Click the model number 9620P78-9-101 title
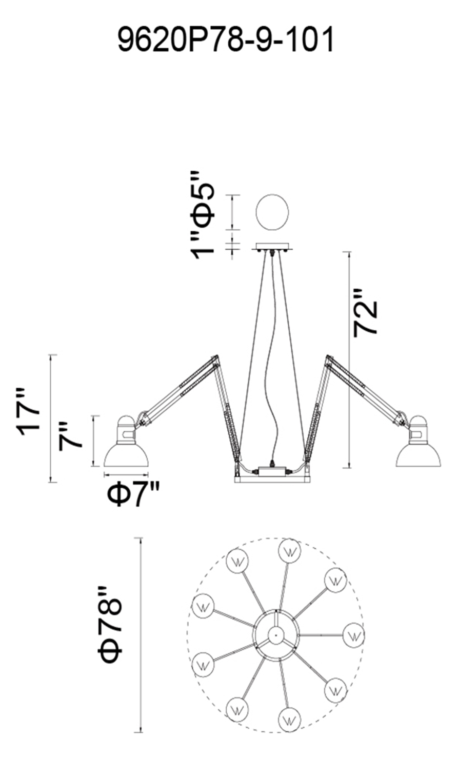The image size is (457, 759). tap(226, 39)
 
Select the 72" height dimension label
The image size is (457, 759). tap(365, 313)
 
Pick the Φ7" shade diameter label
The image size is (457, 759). tap(133, 494)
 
